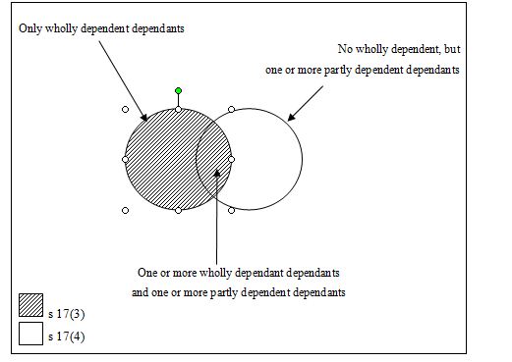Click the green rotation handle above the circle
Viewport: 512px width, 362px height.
(x=178, y=90)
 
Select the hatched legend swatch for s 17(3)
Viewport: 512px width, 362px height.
(x=30, y=305)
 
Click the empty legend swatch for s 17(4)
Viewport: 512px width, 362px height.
(x=30, y=334)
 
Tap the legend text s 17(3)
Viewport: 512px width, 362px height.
(x=67, y=314)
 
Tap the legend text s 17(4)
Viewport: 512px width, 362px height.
(x=67, y=336)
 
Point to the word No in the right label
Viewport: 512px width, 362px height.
(x=345, y=49)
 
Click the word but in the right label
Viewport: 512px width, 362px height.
(x=452, y=49)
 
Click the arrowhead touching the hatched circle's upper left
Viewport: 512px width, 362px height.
(x=144, y=117)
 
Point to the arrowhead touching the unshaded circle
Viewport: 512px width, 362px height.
(x=292, y=117)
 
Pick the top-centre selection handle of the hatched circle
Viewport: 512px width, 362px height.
(x=178, y=109)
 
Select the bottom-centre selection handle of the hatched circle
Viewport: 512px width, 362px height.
(x=178, y=210)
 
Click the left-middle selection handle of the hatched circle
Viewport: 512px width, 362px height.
(x=125, y=160)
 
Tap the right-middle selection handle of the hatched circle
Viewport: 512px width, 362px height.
(x=231, y=160)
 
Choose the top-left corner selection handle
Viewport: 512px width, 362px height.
(x=125, y=109)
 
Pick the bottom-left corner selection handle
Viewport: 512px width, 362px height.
(x=125, y=210)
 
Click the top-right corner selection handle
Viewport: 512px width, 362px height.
(x=231, y=109)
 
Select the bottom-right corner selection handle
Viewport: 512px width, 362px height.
(x=231, y=210)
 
